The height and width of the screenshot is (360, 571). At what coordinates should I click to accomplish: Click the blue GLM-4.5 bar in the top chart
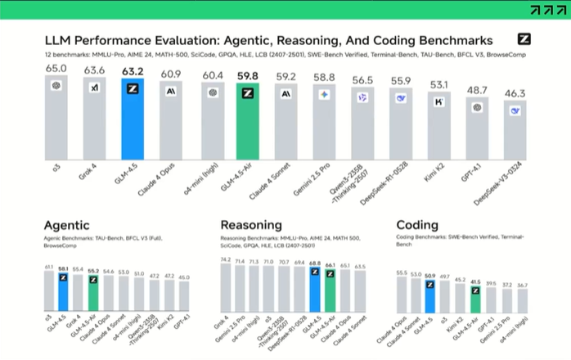pos(133,123)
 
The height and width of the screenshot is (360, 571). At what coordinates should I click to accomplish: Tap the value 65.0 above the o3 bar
pos(56,69)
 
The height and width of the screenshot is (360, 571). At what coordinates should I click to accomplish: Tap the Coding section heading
pos(417,225)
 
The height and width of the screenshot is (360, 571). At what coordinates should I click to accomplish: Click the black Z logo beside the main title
pos(525,39)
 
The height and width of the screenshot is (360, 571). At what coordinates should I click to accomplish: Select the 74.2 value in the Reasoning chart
pos(226,259)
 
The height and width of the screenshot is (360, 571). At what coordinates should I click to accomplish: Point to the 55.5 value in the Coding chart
pos(402,272)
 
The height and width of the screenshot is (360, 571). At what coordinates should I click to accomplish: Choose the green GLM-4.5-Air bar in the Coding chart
pos(475,301)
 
